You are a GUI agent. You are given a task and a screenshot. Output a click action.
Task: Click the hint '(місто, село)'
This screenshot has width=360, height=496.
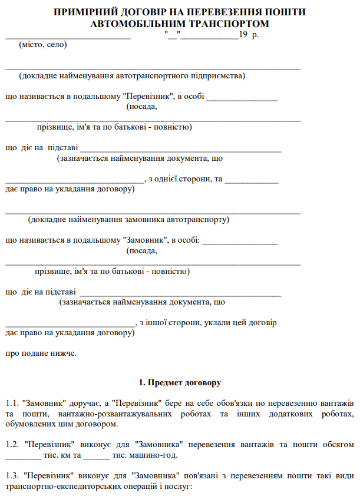pyautogui.click(x=43, y=45)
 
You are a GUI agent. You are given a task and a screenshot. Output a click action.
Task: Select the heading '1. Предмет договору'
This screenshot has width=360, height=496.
pyautogui.click(x=180, y=383)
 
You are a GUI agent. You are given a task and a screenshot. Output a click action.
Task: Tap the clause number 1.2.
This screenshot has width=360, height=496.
pyautogui.click(x=11, y=444)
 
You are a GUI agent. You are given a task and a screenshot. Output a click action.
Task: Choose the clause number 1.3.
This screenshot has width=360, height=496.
pyautogui.click(x=11, y=475)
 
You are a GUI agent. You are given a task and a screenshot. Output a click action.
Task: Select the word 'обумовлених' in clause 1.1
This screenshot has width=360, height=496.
pyautogui.click(x=29, y=424)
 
